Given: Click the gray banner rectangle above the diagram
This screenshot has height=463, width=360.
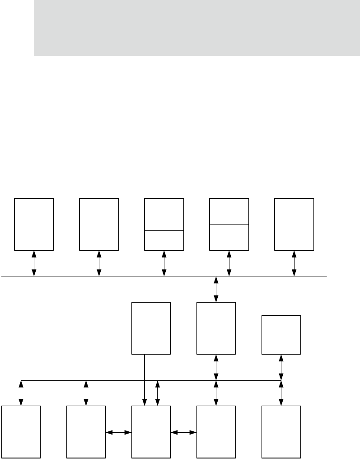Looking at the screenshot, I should tap(197, 28).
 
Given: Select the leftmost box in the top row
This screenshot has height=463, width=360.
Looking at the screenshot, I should tap(34, 223).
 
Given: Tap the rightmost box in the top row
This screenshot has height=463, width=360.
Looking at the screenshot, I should tap(294, 223).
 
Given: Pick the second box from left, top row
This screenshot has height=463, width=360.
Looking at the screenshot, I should tap(99, 223).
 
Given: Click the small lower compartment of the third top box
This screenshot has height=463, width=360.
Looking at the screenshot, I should tap(164, 240).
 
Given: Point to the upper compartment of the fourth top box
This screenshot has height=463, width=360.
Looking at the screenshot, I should tap(229, 210).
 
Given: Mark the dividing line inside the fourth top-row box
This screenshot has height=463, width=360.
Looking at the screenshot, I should tap(229, 224).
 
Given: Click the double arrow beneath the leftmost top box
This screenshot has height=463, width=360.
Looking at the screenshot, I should tap(34, 263).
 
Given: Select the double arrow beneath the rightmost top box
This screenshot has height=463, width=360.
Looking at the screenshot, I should tap(294, 263).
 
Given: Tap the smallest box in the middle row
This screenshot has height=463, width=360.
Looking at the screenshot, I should tap(281, 335).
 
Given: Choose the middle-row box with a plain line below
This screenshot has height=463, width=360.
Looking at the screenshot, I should tap(151, 328).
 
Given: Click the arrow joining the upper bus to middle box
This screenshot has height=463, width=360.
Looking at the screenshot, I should tap(216, 289).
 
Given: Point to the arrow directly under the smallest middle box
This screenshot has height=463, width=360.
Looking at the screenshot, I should tap(281, 367).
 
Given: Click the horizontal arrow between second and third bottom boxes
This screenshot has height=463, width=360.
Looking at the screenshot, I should tap(118, 432).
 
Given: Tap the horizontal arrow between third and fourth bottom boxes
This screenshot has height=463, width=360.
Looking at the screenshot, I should tap(184, 432).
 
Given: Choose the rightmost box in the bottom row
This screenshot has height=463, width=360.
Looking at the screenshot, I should tap(281, 431).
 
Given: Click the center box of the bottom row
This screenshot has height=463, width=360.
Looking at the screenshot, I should tap(151, 431).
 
